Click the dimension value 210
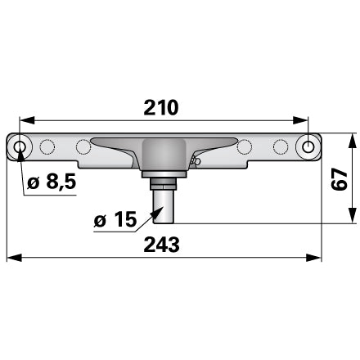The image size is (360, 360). coord(161,107)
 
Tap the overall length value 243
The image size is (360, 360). coord(161,245)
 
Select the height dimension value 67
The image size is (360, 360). coord(339,178)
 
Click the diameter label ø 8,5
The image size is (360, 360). coord(52,182)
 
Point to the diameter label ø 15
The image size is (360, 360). coord(115,219)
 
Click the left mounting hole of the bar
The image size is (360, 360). coord(19,147)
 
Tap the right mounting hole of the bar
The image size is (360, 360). coord(308,147)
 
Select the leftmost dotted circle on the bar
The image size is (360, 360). coord(47,147)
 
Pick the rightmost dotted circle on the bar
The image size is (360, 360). coord(281,147)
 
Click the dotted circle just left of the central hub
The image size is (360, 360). coord(83,146)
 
